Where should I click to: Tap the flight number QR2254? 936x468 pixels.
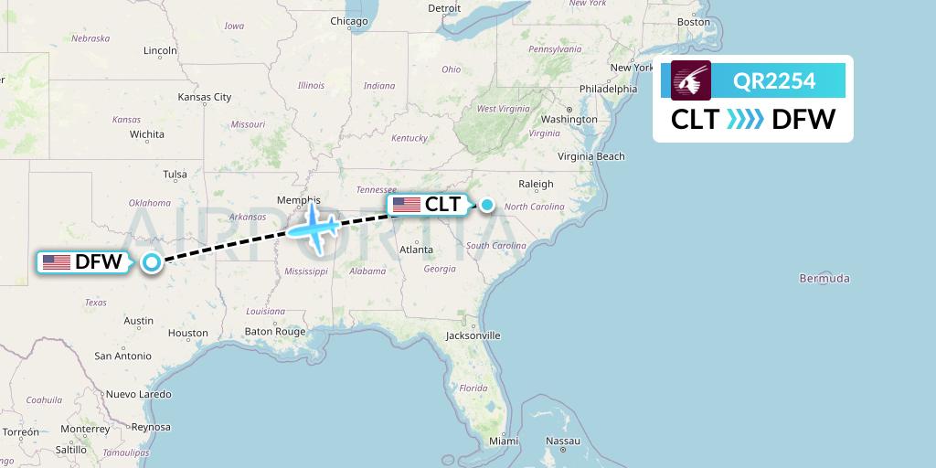[774, 81]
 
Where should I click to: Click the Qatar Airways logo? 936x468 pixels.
[691, 80]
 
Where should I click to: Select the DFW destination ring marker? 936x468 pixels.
[152, 262]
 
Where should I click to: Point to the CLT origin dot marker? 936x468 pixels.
[488, 205]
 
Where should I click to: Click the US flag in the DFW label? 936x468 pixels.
[57, 262]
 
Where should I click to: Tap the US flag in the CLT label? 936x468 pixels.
[407, 205]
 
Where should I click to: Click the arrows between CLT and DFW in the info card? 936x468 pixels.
[744, 119]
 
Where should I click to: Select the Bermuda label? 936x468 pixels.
[824, 278]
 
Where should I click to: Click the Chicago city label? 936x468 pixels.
[348, 21]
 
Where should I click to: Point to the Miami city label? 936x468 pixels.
[503, 441]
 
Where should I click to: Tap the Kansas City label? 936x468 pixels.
[205, 97]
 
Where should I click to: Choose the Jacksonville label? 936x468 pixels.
[473, 335]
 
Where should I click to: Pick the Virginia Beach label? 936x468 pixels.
[591, 156]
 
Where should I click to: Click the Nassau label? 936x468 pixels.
[562, 441]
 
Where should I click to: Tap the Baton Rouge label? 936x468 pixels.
[275, 332]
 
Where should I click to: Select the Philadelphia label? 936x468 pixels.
[608, 90]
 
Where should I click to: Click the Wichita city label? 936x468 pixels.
[146, 134]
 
